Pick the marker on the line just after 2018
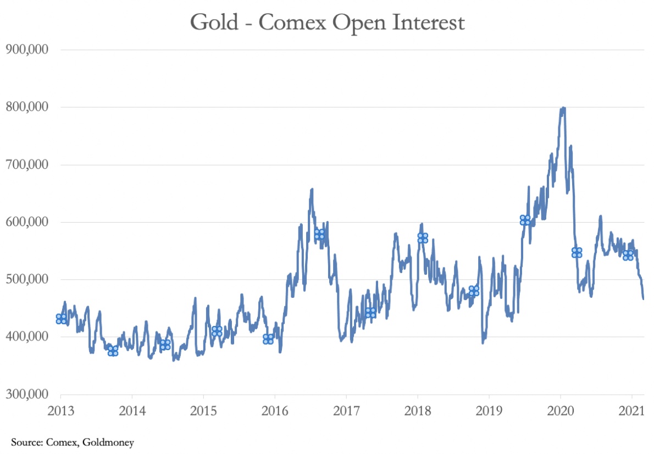[423, 238]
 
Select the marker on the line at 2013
[61, 319]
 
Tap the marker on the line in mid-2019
[525, 220]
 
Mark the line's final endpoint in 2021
[644, 298]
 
